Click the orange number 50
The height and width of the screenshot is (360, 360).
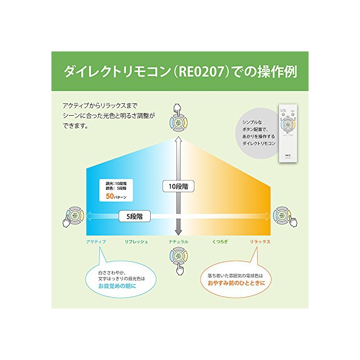(109, 196)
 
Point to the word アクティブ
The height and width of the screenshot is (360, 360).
(97, 241)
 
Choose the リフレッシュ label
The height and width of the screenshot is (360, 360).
(137, 241)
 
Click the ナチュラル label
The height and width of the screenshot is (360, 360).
(178, 241)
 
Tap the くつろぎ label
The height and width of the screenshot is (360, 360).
(221, 241)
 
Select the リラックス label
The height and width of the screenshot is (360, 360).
(260, 241)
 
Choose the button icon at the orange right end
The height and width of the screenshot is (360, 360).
(282, 216)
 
